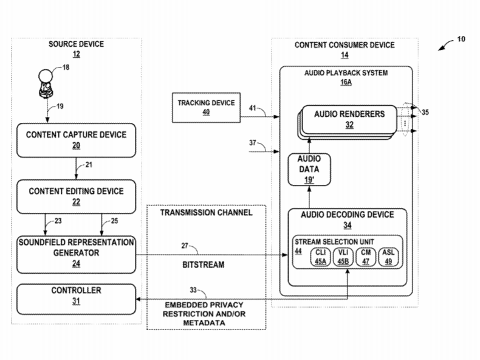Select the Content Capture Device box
pyautogui.click(x=76, y=139)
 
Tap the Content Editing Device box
pyautogui.click(x=76, y=196)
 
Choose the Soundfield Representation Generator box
pyautogui.click(x=76, y=252)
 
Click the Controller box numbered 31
pyautogui.click(x=76, y=296)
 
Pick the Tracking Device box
pyautogui.click(x=206, y=107)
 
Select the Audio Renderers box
pyautogui.click(x=349, y=119)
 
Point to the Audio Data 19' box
pyautogui.click(x=309, y=170)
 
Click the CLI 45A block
pyautogui.click(x=320, y=256)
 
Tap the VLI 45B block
pyautogui.click(x=343, y=256)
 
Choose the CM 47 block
pyautogui.click(x=365, y=256)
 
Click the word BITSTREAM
pyautogui.click(x=204, y=266)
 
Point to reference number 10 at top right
pyautogui.click(x=461, y=39)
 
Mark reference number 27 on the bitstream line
pyautogui.click(x=184, y=246)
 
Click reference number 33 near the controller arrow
pyautogui.click(x=193, y=289)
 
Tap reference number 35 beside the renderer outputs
pyautogui.click(x=425, y=112)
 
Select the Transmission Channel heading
pyautogui.click(x=206, y=213)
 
